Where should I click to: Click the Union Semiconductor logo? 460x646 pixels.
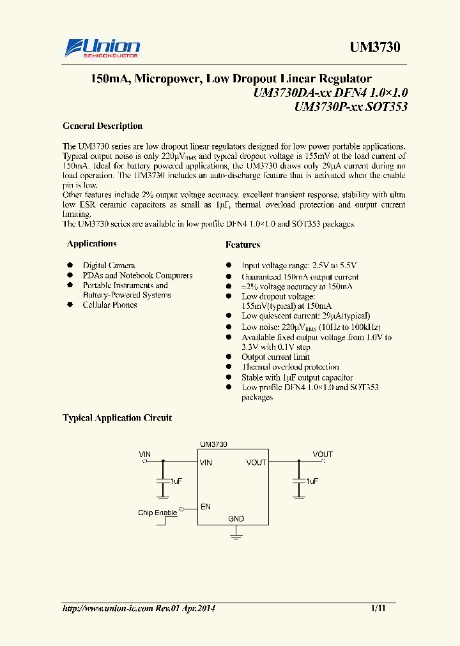102,47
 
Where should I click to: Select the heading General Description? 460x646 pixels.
102,126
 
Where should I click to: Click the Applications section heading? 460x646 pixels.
92,243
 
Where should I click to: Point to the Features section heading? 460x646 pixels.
243,244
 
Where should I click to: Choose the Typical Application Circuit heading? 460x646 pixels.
117,417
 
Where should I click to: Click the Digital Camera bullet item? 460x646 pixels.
109,265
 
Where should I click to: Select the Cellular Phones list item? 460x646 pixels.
110,304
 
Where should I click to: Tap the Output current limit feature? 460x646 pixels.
275,357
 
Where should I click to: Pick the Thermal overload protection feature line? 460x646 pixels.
290,366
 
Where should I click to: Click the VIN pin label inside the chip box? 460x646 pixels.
206,462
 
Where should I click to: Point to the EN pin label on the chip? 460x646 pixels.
206,507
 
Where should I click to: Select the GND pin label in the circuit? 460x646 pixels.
236,519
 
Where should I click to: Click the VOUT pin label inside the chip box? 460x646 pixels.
256,462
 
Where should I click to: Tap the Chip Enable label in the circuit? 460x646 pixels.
157,513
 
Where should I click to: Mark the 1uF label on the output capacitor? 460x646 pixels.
312,481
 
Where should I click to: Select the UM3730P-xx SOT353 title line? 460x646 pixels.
351,107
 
